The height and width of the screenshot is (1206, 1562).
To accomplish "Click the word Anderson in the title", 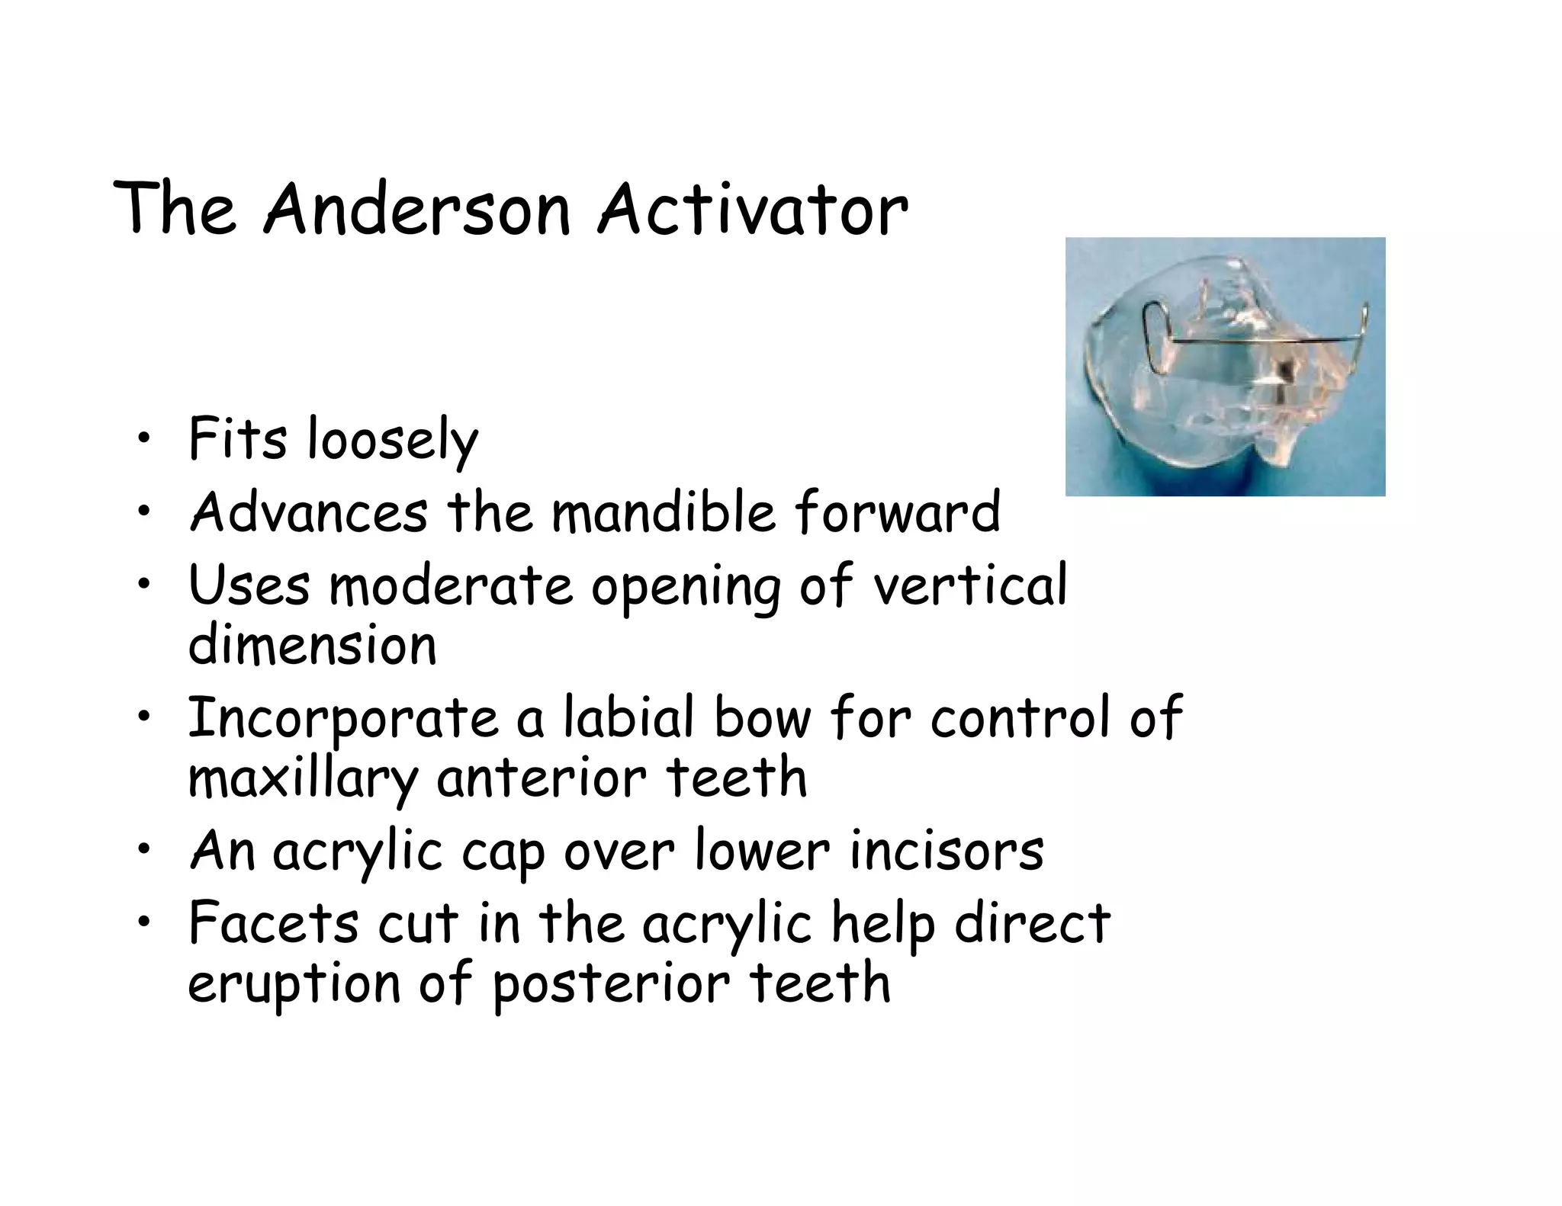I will (417, 209).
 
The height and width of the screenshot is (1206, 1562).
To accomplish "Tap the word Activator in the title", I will (752, 209).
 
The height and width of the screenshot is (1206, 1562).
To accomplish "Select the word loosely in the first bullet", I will (392, 441).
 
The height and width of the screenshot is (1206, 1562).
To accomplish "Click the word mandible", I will (663, 512).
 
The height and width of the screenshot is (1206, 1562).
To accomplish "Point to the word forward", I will (897, 512).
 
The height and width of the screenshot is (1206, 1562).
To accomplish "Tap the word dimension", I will (312, 645).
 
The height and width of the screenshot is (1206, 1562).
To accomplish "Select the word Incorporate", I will (342, 719).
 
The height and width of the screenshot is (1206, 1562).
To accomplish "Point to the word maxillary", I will (303, 779).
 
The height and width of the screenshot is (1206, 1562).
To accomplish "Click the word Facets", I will (273, 923).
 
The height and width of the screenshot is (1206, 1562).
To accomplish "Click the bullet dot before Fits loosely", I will (143, 440).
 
